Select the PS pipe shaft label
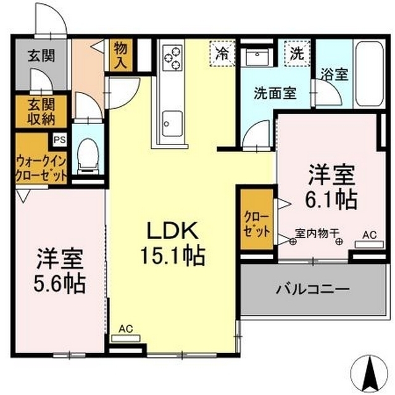tap(60, 139)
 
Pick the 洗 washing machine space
tap(296, 52)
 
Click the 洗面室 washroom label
tap(275, 93)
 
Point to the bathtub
tap(371, 73)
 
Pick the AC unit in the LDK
tap(126, 338)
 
